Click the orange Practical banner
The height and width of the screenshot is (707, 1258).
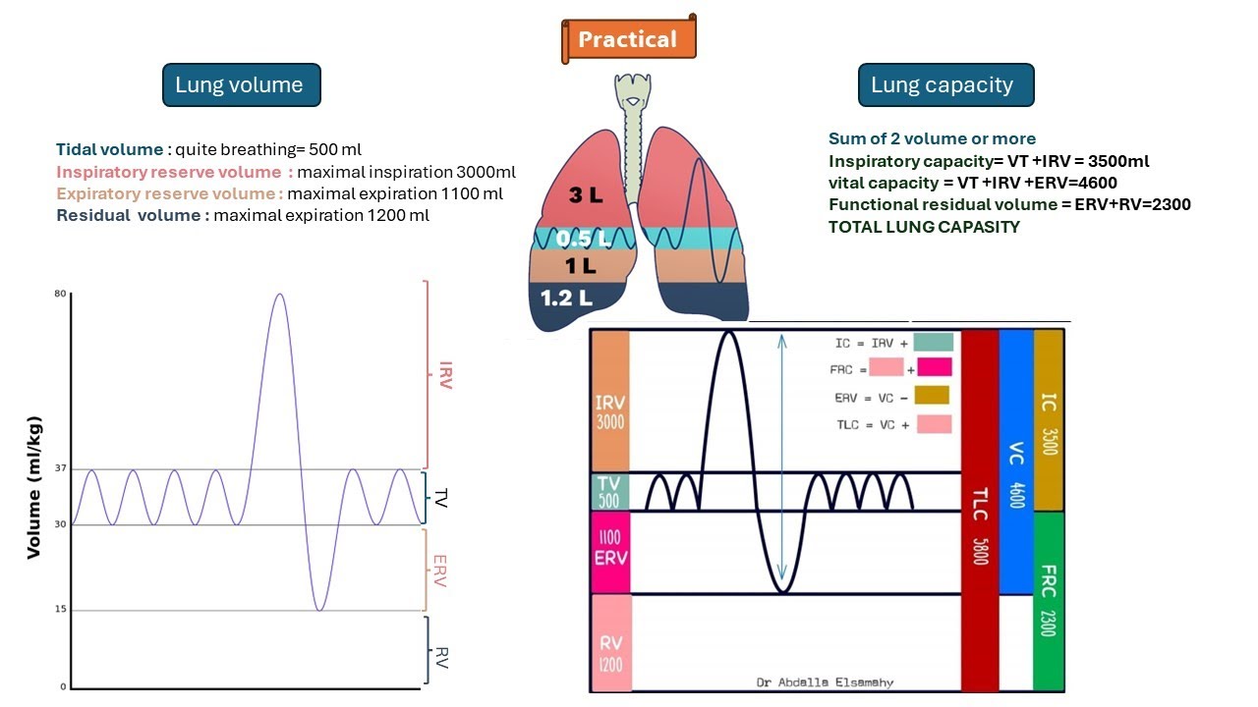click(628, 39)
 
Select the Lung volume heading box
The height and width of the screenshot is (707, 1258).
click(240, 85)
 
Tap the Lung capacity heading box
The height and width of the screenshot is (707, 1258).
click(943, 85)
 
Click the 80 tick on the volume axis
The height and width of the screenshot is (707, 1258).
click(61, 294)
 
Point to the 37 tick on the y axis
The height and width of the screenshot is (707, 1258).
click(61, 469)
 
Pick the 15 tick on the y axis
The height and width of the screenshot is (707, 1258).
click(61, 610)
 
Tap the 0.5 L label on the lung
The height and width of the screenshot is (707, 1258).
click(582, 239)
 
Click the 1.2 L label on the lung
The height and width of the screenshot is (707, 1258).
click(564, 298)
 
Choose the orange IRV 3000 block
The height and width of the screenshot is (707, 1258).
click(610, 401)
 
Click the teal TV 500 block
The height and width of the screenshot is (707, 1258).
click(610, 492)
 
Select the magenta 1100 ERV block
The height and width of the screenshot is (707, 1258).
click(610, 552)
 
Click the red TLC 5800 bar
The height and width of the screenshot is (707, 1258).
click(979, 511)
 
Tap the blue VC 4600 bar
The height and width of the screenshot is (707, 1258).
click(1016, 462)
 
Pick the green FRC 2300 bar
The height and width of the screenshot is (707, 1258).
click(1049, 599)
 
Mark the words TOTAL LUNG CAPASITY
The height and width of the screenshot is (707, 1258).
click(924, 227)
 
